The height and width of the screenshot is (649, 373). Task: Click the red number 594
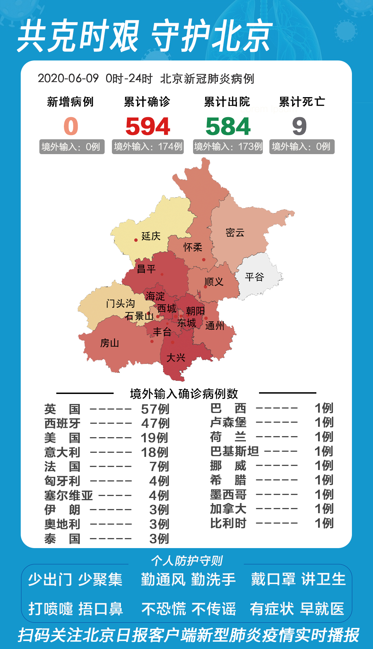pos(148,126)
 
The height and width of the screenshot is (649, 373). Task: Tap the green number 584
pos(228,126)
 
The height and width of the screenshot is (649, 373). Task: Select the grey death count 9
pos(299,126)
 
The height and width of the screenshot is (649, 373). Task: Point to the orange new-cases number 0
pos(71,126)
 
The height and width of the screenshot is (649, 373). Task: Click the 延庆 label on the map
pos(151,236)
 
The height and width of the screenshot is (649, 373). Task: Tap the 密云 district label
pos(235,233)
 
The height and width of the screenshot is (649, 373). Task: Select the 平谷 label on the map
pos(255,277)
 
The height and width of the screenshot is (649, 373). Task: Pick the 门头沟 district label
pos(120,303)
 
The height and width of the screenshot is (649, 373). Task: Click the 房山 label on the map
pos(109,343)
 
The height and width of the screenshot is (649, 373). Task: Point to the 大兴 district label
pos(176,358)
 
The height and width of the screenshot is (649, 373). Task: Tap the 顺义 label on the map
pos(214,282)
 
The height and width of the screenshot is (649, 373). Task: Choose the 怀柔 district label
pos(193,247)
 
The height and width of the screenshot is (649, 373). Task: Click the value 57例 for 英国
pos(155,409)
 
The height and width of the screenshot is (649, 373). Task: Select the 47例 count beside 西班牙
pos(155,423)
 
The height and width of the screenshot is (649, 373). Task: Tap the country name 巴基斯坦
pos(235,451)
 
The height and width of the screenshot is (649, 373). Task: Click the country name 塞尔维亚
pos(68,495)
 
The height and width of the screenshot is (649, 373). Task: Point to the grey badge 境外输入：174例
pos(148,147)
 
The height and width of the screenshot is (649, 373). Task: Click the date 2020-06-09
pos(68,78)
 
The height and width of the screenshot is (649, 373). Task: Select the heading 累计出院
pos(227,102)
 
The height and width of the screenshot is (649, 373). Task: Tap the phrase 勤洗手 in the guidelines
pos(213,580)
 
